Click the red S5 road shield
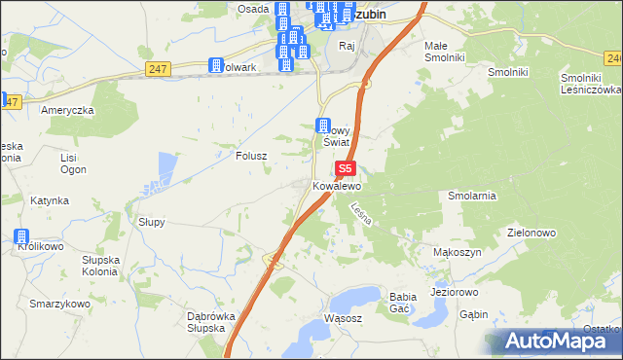pyautogui.click(x=347, y=168)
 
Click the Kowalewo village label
pyautogui.click(x=337, y=185)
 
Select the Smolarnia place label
pyautogui.click(x=472, y=196)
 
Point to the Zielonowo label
pyautogui.click(x=531, y=234)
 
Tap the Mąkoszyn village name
pyautogui.click(x=455, y=252)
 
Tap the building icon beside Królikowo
pyautogui.click(x=21, y=236)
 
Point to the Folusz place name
pyautogui.click(x=251, y=155)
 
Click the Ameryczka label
pyautogui.click(x=67, y=110)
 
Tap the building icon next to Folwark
pyautogui.click(x=216, y=66)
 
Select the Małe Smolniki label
pyautogui.click(x=445, y=52)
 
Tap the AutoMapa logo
pyautogui.click(x=552, y=342)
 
